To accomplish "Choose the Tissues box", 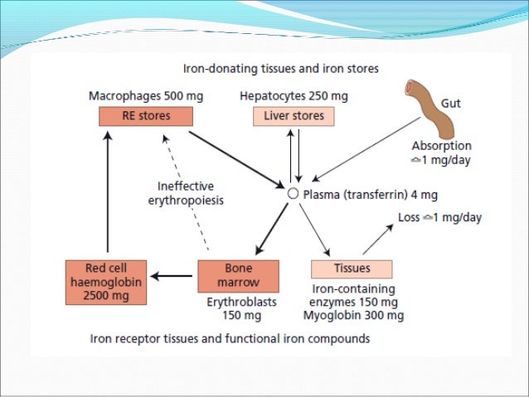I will point(351,269).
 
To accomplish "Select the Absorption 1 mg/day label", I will point(442,153).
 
